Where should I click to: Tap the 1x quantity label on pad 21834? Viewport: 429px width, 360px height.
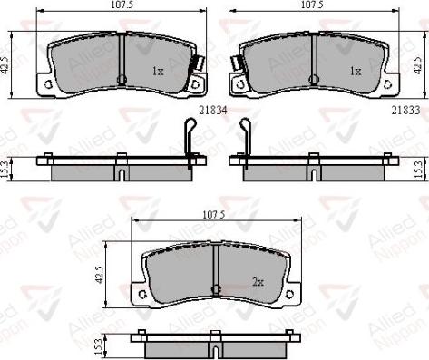click(157, 70)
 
